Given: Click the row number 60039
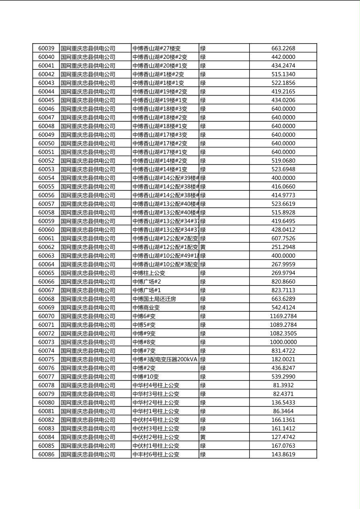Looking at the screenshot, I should click(x=46, y=48).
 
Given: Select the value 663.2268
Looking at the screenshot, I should click(x=283, y=48).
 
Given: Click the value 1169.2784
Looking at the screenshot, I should click(x=283, y=316).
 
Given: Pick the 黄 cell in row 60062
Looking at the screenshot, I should click(x=203, y=247).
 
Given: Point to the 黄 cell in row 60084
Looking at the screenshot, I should click(x=203, y=437).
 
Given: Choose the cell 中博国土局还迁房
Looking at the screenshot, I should click(x=154, y=299).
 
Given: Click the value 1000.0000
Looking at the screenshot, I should click(x=283, y=342).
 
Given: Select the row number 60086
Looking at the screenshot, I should click(x=46, y=455).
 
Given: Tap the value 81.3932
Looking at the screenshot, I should click(x=283, y=385).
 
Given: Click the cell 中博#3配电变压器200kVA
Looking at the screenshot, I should click(x=165, y=359).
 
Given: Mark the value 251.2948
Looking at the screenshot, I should click(x=283, y=247).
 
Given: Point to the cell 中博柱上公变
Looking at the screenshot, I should click(x=149, y=273).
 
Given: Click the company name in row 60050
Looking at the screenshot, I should click(x=88, y=143).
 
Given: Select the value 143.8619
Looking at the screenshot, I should click(x=283, y=455).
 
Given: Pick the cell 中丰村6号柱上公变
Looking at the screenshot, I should click(x=156, y=455).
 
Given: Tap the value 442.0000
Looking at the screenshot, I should click(x=283, y=57).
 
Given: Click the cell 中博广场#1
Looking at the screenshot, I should click(x=147, y=290).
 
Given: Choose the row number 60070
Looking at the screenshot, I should click(x=46, y=316).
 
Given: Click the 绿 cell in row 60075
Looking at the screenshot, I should click(x=203, y=359).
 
